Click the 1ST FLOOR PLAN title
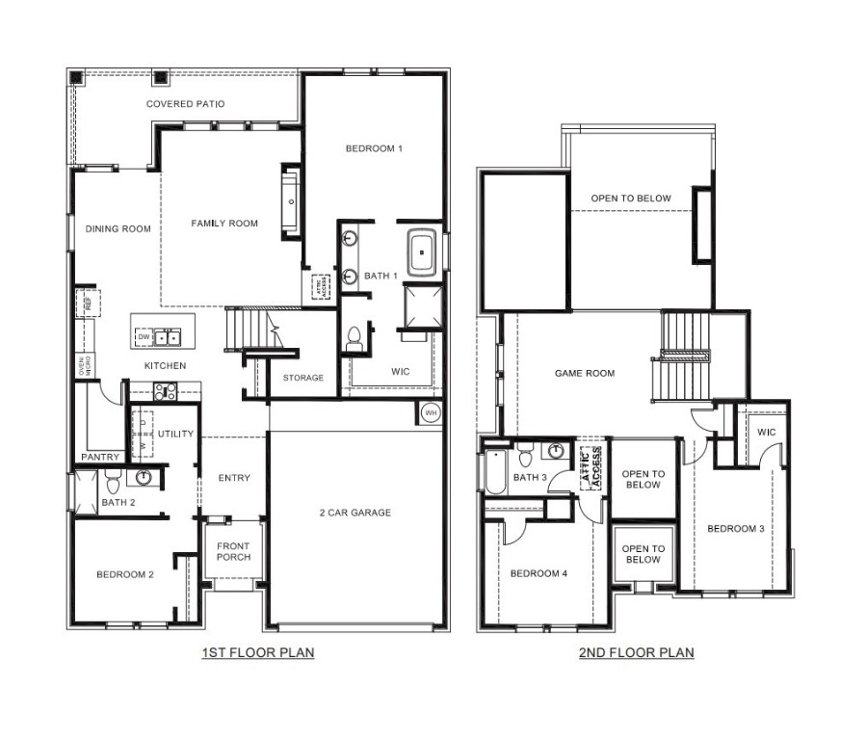point(257,652)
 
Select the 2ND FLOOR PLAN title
point(636,652)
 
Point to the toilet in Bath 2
point(111,480)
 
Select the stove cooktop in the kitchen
point(165,391)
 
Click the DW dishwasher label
point(143,336)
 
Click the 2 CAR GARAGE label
point(355,513)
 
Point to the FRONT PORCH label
point(233,552)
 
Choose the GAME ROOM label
point(584,373)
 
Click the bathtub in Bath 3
point(494,472)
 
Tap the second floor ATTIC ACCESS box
point(590,468)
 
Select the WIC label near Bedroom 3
point(766,432)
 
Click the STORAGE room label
point(302,378)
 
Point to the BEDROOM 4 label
point(538,573)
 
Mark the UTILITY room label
point(175,434)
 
